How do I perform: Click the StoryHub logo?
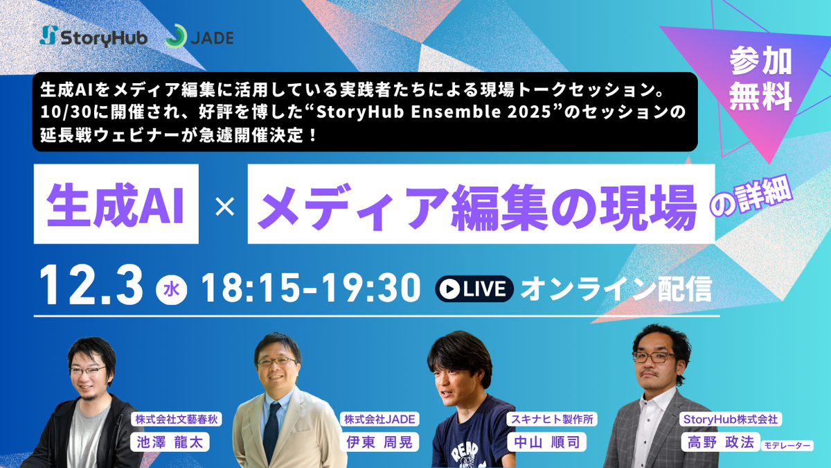coord(94,37)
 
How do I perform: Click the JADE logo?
coord(199,37)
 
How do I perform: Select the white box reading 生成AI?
coord(115,204)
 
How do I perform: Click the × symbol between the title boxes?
coord(224,205)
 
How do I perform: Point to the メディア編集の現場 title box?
coord(481,204)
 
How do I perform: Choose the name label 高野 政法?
coord(718,442)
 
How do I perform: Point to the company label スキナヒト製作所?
coord(553,419)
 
